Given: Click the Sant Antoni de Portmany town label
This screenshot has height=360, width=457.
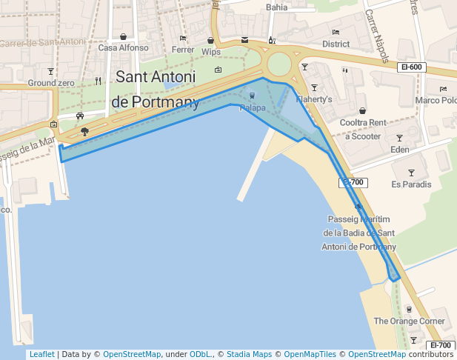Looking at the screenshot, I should click(x=156, y=89).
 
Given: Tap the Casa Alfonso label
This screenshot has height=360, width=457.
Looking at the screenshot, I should click(x=123, y=48).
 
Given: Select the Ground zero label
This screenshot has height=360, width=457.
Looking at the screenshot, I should click(x=51, y=84).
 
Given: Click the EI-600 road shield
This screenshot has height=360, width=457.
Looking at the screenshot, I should click(x=411, y=67).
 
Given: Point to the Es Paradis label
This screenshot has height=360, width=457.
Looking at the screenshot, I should click(x=411, y=184).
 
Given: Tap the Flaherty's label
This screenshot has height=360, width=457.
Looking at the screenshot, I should click(x=314, y=99).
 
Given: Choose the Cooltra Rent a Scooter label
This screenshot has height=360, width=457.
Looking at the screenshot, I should click(x=362, y=129).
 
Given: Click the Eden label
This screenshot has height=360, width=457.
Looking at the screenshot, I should click(x=399, y=150).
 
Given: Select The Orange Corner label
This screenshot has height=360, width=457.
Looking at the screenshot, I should click(x=409, y=321).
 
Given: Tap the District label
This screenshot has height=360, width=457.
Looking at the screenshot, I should click(x=336, y=44).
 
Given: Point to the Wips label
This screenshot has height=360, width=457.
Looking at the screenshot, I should click(x=211, y=52).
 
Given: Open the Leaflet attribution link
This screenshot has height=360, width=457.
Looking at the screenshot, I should click(x=41, y=354).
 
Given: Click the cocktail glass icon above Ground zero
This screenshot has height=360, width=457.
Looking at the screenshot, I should click(x=50, y=72).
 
